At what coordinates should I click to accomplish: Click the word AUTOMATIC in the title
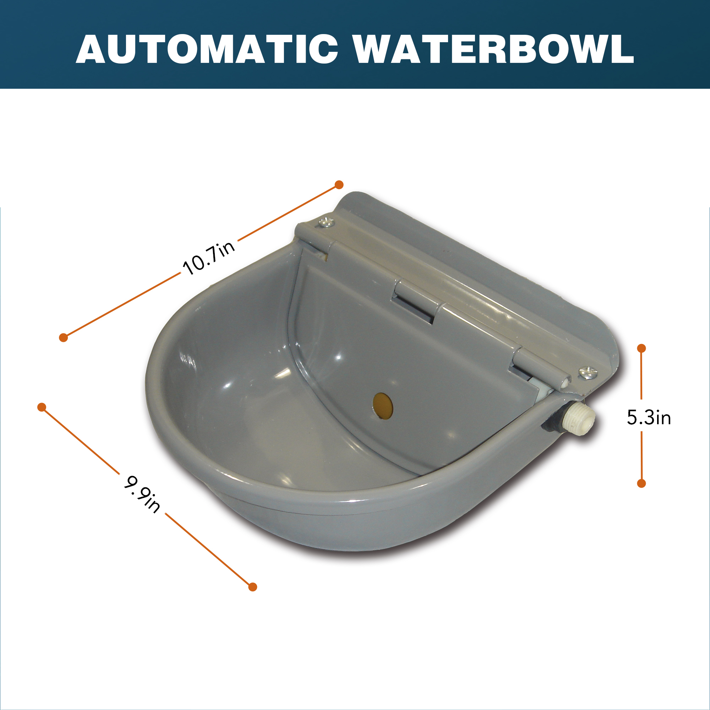tap(207, 50)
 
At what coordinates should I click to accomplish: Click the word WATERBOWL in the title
tap(494, 50)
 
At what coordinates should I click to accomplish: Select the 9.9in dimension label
tap(142, 494)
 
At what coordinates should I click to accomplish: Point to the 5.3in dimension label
tap(649, 418)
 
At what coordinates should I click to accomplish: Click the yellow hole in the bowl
tap(383, 406)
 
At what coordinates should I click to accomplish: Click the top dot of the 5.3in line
tap(641, 348)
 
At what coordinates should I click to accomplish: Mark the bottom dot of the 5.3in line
tap(641, 483)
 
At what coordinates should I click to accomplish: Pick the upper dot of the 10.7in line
tap(339, 185)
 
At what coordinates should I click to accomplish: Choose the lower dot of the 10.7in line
tap(63, 337)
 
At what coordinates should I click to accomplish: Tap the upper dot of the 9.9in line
tap(42, 407)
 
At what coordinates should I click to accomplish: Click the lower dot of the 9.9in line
tap(252, 587)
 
